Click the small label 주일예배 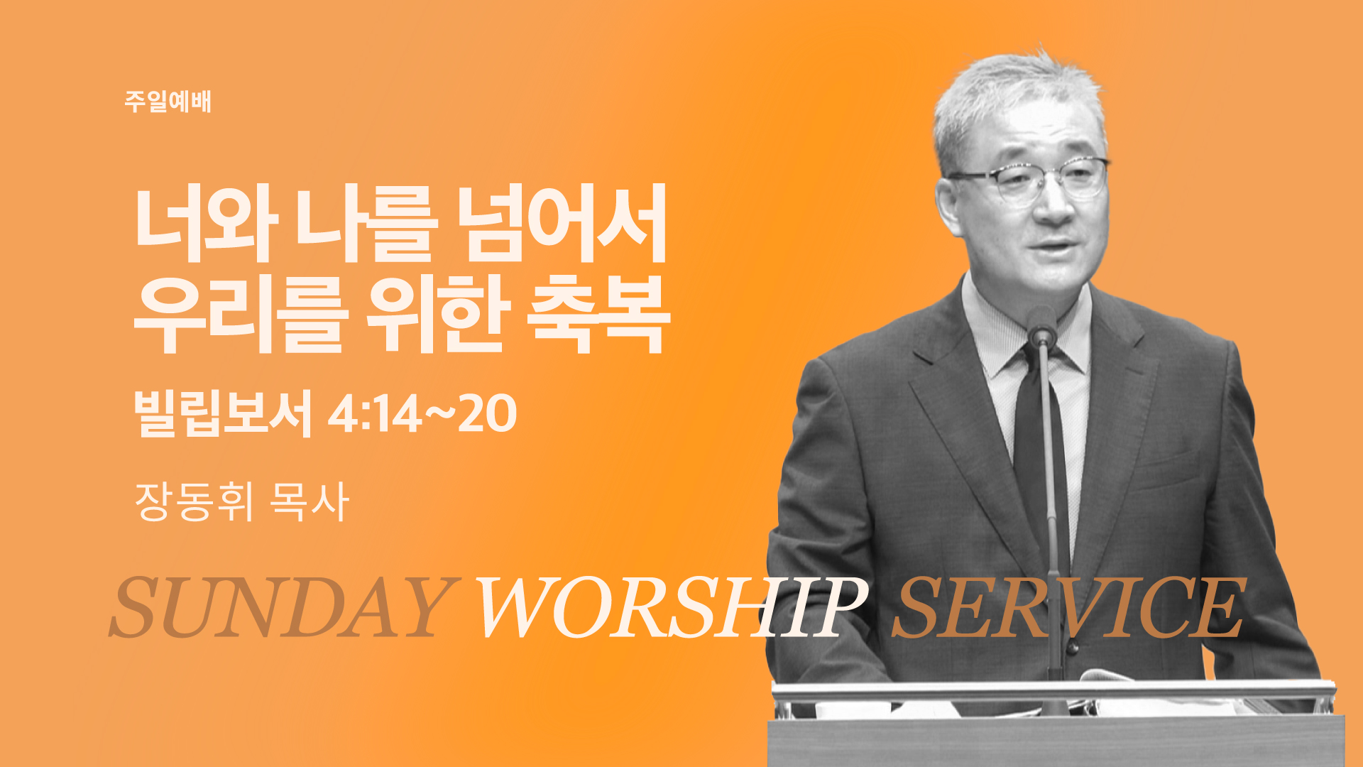pos(168,102)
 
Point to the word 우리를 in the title pos(241,315)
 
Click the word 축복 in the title pos(598,315)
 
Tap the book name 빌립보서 pos(223,413)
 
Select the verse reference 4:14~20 pos(422,414)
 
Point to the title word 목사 pos(310,501)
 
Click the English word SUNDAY pos(282,606)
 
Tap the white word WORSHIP pos(672,606)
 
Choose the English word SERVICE pos(1068,606)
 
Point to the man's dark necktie pos(1039,455)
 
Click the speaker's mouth pos(1056,248)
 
